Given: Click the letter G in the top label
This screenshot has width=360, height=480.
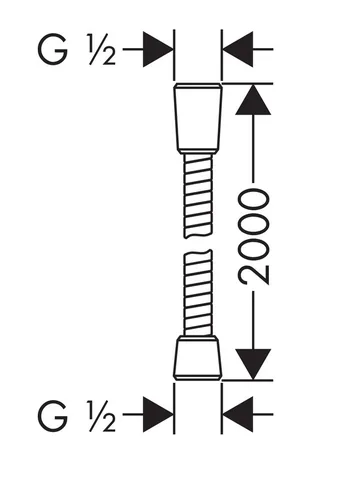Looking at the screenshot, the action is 53,50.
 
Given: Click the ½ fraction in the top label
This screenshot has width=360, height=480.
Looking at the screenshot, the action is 102,49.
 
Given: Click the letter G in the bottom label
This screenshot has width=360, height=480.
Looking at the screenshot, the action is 53,415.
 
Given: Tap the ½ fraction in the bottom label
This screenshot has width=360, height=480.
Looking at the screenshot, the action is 102,415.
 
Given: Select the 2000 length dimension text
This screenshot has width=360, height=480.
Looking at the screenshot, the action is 254,237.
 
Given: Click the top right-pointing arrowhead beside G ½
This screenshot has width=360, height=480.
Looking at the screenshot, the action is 158,49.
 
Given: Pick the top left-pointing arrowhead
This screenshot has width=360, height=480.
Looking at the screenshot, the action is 238,49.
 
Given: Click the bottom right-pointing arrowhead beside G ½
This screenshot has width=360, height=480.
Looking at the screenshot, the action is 158,414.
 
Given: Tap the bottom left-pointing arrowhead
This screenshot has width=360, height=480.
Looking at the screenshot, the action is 238,414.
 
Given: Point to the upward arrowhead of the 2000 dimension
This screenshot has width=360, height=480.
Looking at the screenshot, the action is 253,100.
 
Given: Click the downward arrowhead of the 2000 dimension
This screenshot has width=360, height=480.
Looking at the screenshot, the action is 253,364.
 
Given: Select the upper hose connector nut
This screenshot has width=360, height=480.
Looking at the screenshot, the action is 198,118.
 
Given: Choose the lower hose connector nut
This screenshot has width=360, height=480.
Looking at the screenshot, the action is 198,358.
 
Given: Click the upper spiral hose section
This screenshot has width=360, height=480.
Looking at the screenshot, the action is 198,196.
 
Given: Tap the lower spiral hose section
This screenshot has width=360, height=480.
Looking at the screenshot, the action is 198,293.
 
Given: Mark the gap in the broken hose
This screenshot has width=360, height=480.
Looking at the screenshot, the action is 198,244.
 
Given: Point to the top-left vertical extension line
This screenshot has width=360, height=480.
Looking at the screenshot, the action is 174,55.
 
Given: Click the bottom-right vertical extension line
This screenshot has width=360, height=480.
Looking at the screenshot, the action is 222,408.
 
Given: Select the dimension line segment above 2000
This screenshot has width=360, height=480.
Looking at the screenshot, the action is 253,149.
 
